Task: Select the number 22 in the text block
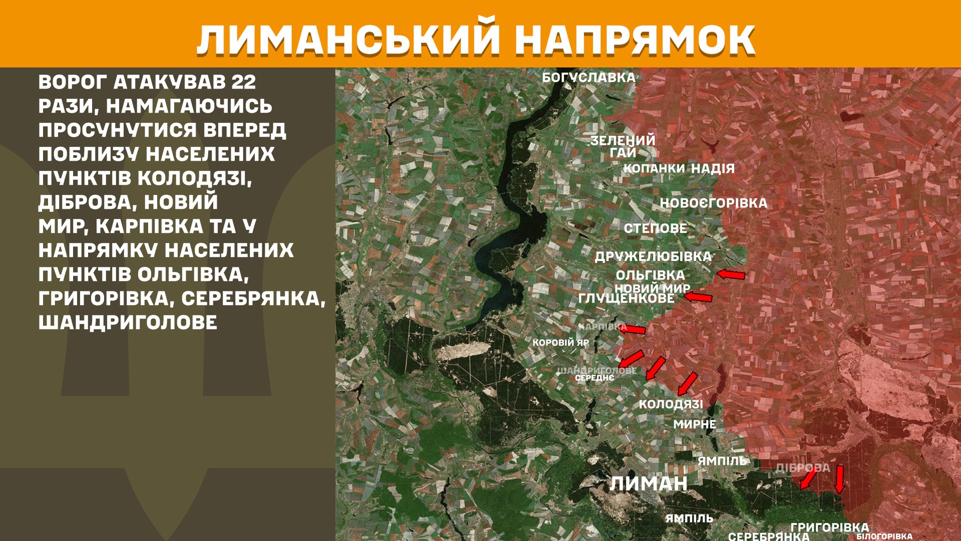244,82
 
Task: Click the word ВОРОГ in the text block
73,82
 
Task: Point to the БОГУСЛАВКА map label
589,78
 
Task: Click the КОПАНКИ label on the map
654,169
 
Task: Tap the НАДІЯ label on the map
713,169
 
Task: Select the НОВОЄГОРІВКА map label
713,203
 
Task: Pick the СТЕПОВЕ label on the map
655,228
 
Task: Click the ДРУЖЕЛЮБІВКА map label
653,256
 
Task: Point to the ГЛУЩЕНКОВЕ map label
626,299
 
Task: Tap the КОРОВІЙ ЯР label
561,343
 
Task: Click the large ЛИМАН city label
648,483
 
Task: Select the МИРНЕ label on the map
694,424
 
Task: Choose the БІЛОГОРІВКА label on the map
884,536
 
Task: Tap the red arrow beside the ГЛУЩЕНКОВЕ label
698,297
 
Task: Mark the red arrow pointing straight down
839,479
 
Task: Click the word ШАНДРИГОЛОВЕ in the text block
128,322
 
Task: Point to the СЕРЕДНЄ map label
594,378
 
